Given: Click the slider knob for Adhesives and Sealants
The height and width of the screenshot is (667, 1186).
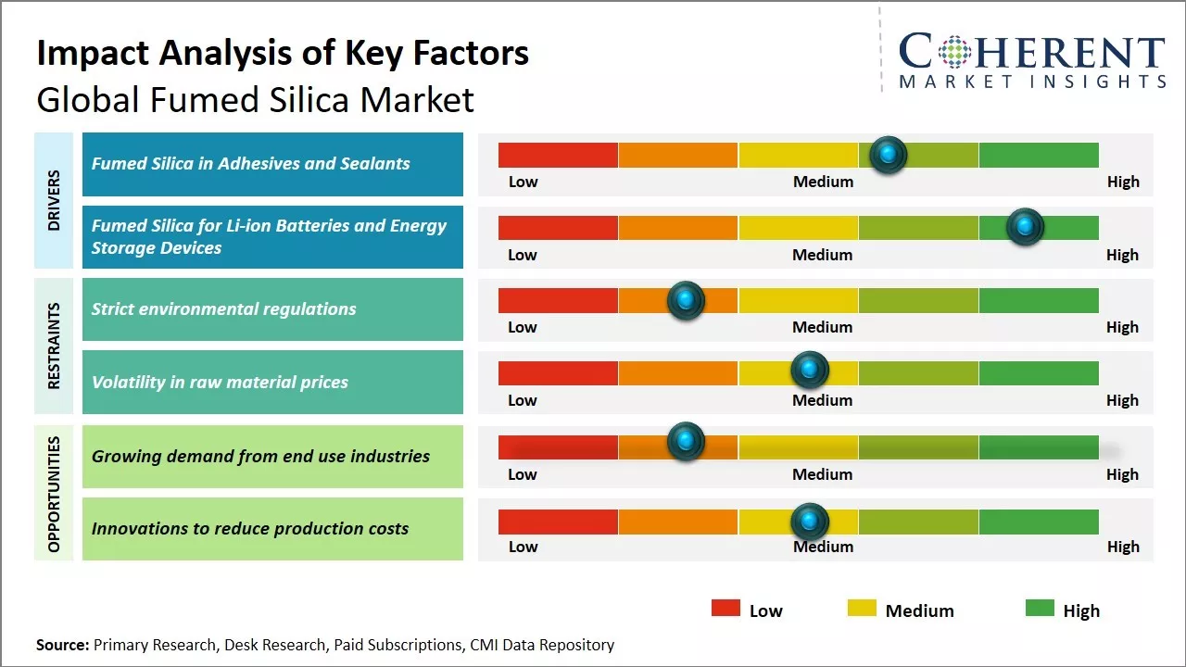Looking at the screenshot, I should (x=889, y=155).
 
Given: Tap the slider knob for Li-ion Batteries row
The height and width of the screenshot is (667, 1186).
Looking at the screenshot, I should (x=1025, y=227).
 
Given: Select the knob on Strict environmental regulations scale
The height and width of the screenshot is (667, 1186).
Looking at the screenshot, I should (x=686, y=300).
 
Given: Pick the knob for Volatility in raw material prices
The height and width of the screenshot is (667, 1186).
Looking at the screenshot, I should (x=810, y=371).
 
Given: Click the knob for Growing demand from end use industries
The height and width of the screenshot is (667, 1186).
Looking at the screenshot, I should (x=686, y=441).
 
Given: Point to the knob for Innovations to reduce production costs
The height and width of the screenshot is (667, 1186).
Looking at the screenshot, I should (x=810, y=522).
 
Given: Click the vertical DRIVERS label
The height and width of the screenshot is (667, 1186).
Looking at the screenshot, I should (x=54, y=200).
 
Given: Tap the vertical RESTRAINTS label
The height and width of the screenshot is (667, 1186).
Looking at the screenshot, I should (x=54, y=346).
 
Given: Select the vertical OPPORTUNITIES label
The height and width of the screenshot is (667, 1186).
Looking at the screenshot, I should (x=54, y=494).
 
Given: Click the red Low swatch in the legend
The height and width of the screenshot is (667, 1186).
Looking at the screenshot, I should (x=725, y=608).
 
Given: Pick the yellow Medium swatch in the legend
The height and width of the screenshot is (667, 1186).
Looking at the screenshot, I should (x=862, y=608).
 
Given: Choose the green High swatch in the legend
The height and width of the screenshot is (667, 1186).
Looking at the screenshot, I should (x=1040, y=608).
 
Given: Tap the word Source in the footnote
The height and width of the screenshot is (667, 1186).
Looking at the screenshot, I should (x=62, y=645).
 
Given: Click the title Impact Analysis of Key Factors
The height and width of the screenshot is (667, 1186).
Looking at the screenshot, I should (x=283, y=53).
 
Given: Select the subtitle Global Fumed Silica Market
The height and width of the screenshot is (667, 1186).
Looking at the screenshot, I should (x=255, y=99).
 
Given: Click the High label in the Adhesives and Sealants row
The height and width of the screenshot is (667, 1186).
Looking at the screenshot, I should (x=1123, y=182).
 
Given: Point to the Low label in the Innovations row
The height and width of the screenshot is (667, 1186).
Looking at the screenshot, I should (x=523, y=547).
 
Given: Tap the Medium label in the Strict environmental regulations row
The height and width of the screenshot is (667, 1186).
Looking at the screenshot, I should (x=822, y=327).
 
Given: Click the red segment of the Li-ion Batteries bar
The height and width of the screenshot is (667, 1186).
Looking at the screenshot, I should (x=558, y=228).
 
